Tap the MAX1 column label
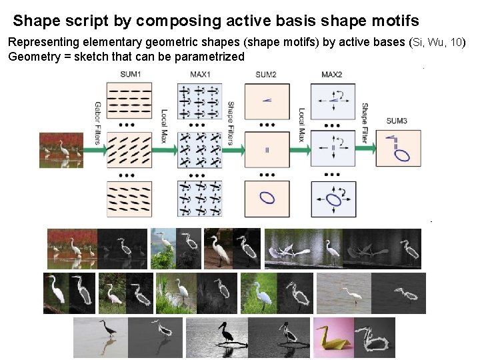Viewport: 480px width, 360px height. (200, 73)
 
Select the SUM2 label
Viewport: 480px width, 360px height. (266, 73)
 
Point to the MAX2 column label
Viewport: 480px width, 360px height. (331, 73)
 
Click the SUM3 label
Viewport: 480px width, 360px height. (397, 121)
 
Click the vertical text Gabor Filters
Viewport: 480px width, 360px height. (97, 123)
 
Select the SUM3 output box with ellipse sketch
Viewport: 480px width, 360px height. (399, 148)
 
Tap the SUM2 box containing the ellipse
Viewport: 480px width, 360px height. (267, 198)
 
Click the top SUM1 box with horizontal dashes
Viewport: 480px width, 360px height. (129, 100)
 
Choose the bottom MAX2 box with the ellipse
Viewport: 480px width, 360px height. (331, 198)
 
